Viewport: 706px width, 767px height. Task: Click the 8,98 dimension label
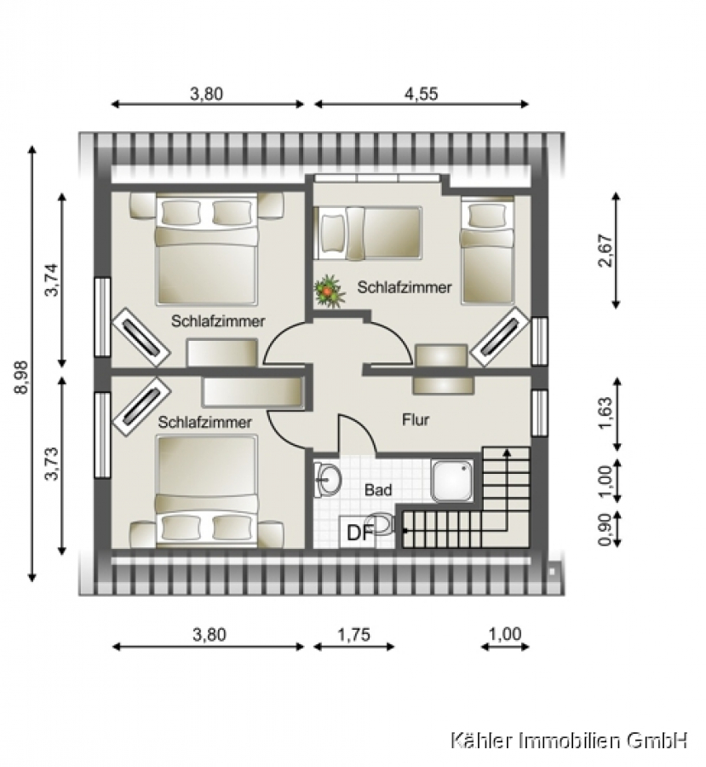click(21, 378)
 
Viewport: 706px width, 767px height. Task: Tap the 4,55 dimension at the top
click(421, 94)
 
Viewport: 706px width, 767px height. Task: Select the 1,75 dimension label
click(354, 635)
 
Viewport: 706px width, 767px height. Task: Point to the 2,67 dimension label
click(606, 251)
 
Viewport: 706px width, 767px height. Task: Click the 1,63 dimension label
click(606, 414)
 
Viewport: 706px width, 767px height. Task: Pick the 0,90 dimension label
click(606, 529)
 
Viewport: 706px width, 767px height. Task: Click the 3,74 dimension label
click(51, 280)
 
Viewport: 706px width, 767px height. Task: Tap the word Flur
click(416, 419)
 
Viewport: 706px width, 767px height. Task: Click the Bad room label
click(378, 490)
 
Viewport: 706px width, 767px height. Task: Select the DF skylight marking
click(360, 533)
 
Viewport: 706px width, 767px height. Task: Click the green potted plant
click(329, 291)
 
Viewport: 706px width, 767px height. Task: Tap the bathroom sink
click(328, 478)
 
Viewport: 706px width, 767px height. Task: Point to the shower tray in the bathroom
click(452, 481)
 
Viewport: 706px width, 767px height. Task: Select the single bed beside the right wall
click(487, 251)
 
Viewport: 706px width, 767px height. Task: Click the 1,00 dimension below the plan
click(505, 634)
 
